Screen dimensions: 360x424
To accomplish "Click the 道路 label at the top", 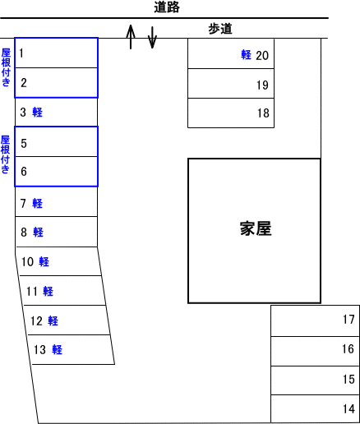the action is [x=167, y=7].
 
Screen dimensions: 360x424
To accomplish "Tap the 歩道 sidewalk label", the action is [x=220, y=29].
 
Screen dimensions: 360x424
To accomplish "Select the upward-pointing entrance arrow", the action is [x=131, y=37].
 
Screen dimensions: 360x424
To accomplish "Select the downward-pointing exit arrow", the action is [x=152, y=38].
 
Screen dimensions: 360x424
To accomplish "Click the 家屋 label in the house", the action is [x=256, y=228].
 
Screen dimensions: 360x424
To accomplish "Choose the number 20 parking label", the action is [x=262, y=56].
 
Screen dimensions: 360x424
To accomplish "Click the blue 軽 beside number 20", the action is [x=246, y=54].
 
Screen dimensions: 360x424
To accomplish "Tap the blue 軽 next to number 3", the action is [x=38, y=112].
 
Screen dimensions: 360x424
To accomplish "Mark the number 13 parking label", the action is [x=39, y=350].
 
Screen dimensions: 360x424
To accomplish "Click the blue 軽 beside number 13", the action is [x=58, y=350].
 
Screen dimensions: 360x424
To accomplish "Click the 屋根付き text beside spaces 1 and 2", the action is [x=6, y=67].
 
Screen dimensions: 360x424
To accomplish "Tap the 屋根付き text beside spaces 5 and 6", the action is [x=5, y=154].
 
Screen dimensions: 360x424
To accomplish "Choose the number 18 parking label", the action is [x=263, y=113].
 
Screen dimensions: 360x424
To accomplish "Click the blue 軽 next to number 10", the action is [x=44, y=262].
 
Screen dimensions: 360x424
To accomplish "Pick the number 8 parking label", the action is [x=24, y=233].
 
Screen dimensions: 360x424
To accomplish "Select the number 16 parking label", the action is [x=348, y=349].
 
